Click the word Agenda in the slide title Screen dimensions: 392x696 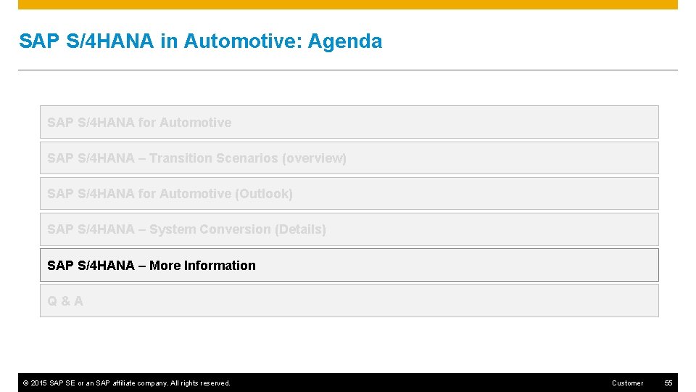pyautogui.click(x=345, y=41)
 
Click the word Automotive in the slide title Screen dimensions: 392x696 pyautogui.click(x=243, y=41)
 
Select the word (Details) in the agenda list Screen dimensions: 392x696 pyautogui.click(x=300, y=229)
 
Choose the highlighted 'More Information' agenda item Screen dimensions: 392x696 pyautogui.click(x=349, y=265)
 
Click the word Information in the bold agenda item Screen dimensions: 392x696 pyautogui.click(x=220, y=266)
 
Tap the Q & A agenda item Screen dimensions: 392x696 pyautogui.click(x=65, y=301)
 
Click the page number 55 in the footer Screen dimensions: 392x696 pyautogui.click(x=669, y=383)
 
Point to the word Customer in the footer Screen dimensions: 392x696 pyautogui.click(x=627, y=383)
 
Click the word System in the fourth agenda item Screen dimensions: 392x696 pyautogui.click(x=172, y=229)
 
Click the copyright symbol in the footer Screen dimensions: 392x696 pyautogui.click(x=25, y=383)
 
